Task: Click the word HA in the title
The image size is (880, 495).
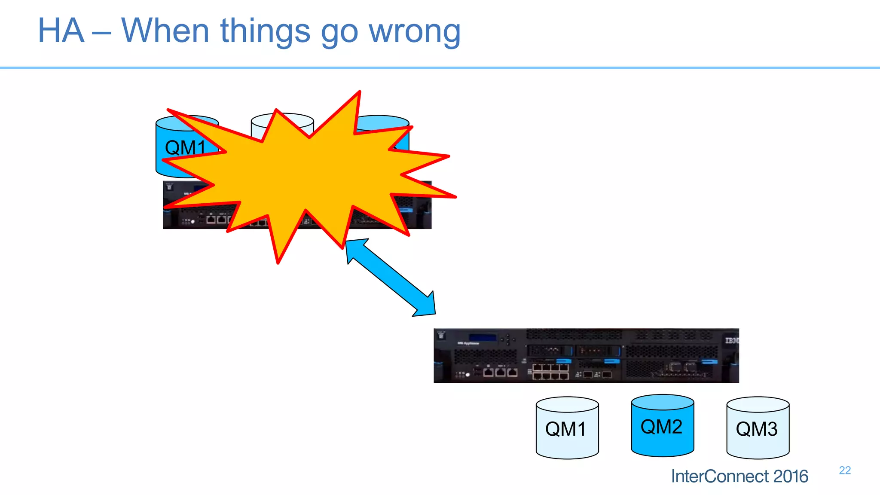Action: pyautogui.click(x=61, y=31)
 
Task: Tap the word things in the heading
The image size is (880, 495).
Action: pyautogui.click(x=265, y=31)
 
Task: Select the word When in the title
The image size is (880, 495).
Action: pyautogui.click(x=165, y=31)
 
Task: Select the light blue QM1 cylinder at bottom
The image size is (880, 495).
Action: pyautogui.click(x=567, y=428)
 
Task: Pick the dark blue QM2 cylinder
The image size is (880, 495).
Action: pyautogui.click(x=662, y=426)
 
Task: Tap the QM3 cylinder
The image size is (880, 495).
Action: pyautogui.click(x=758, y=428)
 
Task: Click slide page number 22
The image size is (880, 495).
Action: pyautogui.click(x=844, y=470)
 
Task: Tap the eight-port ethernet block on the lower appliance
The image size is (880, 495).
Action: pyautogui.click(x=550, y=372)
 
